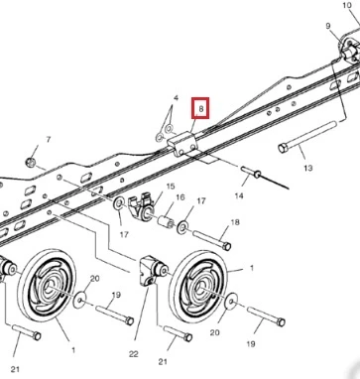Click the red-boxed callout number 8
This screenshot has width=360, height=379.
pyautogui.click(x=200, y=108)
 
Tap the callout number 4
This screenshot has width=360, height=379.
pyautogui.click(x=176, y=98)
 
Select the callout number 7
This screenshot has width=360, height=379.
pyautogui.click(x=49, y=140)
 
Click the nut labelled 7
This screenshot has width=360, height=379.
pyautogui.click(x=30, y=163)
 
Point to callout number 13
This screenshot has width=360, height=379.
pyautogui.click(x=307, y=168)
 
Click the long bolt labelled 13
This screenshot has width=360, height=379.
pyautogui.click(x=307, y=137)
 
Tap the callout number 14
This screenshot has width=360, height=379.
pyautogui.click(x=239, y=195)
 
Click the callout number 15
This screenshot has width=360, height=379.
pyautogui.click(x=171, y=187)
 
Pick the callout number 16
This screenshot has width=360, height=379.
pyautogui.click(x=180, y=197)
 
